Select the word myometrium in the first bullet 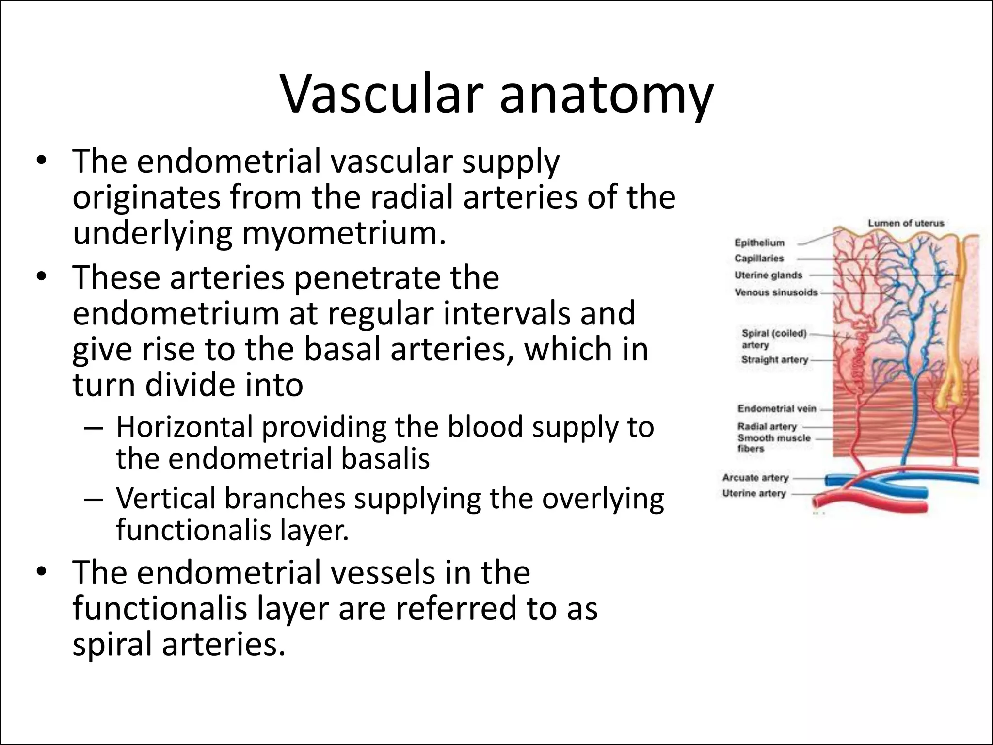pos(343,233)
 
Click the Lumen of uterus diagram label pos(906,223)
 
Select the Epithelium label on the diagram pos(759,243)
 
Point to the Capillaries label pos(759,259)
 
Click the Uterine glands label pos(768,275)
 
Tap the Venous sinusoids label pos(776,292)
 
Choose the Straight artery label pos(774,360)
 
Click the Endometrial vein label pos(777,409)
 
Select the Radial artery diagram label pos(767,426)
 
